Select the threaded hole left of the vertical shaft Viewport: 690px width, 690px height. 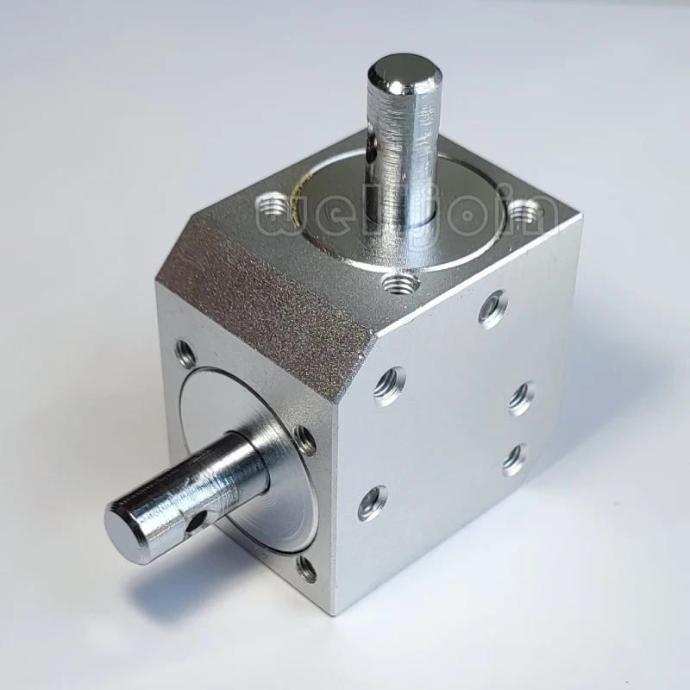(x=274, y=206)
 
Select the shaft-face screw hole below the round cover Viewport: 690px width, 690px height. (x=306, y=568)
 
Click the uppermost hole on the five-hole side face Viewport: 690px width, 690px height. (x=492, y=308)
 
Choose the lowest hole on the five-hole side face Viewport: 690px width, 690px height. (x=372, y=501)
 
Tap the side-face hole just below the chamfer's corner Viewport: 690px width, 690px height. (x=389, y=384)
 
